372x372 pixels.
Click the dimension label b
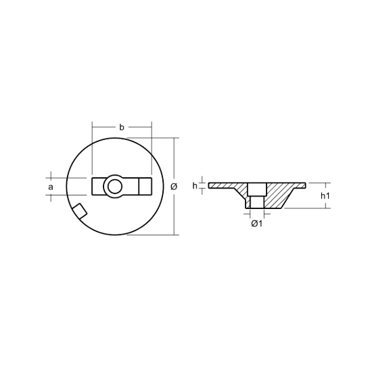point(122,127)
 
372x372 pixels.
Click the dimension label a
point(51,187)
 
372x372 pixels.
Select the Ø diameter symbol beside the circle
point(174,187)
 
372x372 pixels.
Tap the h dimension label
point(195,186)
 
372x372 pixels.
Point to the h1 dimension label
point(325,195)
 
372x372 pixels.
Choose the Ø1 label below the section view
point(257,223)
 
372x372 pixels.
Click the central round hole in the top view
point(114,187)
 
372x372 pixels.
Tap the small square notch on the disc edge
point(80,211)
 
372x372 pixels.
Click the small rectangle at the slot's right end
point(145,187)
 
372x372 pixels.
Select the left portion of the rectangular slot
point(98,187)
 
